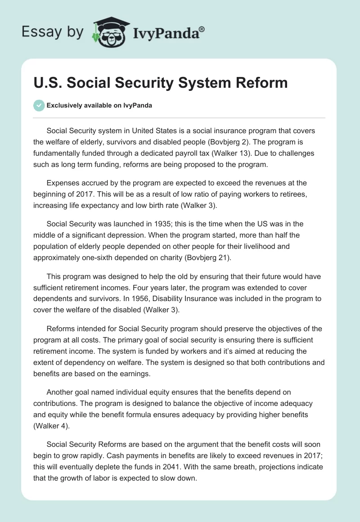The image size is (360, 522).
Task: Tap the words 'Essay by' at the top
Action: coord(53,32)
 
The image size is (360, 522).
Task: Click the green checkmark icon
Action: coord(39,105)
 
